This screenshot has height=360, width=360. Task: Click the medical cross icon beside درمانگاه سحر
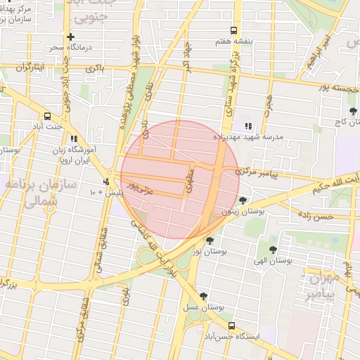tap(70, 37)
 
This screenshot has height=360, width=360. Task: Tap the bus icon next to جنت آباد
tap(48, 115)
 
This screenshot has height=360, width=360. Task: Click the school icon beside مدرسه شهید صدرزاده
tap(247, 127)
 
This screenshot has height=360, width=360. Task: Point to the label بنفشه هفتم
tap(234, 41)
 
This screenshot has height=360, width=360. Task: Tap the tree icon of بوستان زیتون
tap(243, 200)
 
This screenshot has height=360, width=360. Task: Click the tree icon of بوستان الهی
tap(273, 249)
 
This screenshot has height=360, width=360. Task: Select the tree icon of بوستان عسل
tap(203, 296)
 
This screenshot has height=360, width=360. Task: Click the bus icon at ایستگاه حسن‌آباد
tap(232, 325)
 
